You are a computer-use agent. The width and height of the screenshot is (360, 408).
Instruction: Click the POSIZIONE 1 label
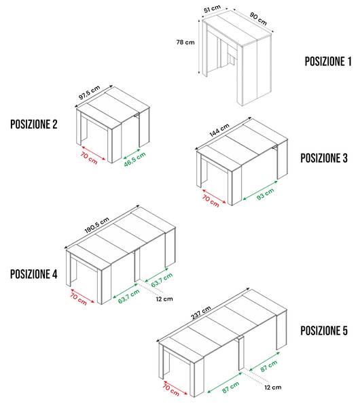[x=328, y=61]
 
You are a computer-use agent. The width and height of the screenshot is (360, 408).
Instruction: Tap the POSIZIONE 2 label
[x=34, y=124]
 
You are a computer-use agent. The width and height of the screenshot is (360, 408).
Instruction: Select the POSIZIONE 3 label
[x=324, y=158]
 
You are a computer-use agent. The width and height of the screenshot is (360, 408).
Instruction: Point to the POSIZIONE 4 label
[x=34, y=274]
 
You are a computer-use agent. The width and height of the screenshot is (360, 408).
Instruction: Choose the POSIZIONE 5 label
[x=324, y=330]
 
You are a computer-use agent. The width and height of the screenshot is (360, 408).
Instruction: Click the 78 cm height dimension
[x=185, y=42]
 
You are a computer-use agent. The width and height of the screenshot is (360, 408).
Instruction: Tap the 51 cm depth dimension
[x=212, y=9]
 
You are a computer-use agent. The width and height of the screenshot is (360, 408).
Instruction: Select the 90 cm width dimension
[x=258, y=19]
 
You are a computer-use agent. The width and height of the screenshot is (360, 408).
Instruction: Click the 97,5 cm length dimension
[x=89, y=92]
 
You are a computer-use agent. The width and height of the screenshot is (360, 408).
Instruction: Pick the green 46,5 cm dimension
[x=134, y=159]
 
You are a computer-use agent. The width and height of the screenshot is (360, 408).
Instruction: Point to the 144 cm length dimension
[x=219, y=130]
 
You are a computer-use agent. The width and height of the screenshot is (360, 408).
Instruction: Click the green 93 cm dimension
[x=265, y=194]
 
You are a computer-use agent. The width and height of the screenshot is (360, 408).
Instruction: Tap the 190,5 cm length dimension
[x=96, y=225]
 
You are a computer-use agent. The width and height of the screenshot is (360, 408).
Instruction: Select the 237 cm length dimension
[x=200, y=313]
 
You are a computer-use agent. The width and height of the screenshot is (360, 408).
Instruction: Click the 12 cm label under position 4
[x=164, y=299]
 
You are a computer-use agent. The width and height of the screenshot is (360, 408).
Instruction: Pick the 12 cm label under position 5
[x=273, y=388]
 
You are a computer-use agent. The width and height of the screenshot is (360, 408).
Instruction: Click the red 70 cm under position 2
[x=89, y=158]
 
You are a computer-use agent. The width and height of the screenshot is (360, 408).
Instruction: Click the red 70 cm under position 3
[x=211, y=201]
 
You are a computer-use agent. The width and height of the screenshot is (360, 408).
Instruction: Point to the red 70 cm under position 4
[x=78, y=299]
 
